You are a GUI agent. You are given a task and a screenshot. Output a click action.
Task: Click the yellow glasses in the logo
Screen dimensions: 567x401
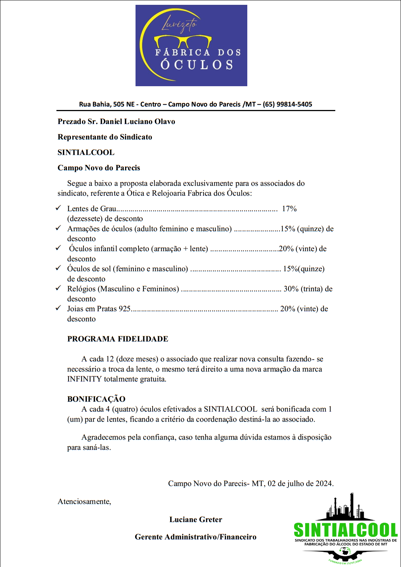(x=183, y=41)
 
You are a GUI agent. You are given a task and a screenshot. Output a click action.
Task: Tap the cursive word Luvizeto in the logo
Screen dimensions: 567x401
(x=179, y=25)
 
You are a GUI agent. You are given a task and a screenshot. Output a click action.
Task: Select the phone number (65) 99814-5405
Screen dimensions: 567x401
(x=287, y=104)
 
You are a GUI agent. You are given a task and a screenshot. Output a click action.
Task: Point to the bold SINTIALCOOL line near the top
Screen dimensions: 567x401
(x=86, y=152)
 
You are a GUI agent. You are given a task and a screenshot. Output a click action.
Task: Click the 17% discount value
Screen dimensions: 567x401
(x=289, y=209)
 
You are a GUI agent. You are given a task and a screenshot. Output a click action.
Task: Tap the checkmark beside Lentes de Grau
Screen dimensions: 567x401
(x=58, y=208)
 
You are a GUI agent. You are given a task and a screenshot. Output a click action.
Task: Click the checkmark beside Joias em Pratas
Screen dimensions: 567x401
(x=58, y=308)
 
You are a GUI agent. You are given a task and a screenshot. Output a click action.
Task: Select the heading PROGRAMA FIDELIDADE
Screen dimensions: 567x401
(x=118, y=339)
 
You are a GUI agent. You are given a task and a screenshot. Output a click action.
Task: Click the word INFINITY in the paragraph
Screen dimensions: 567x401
(x=84, y=379)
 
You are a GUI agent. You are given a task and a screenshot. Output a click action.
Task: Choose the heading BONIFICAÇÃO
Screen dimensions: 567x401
(x=96, y=399)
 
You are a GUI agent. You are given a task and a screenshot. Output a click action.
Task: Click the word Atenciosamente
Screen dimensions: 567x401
(x=84, y=502)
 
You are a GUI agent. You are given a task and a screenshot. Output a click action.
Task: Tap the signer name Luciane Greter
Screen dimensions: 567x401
(x=196, y=519)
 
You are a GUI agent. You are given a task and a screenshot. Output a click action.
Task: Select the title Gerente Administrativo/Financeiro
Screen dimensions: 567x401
(x=195, y=537)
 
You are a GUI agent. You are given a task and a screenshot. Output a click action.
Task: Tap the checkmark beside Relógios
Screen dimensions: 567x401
(x=58, y=288)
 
